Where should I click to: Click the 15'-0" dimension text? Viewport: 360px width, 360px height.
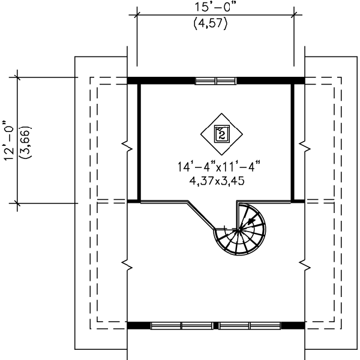click(215, 7)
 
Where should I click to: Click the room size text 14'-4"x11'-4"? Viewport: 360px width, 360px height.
click(219, 166)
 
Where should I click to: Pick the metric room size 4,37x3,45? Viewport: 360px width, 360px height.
click(217, 181)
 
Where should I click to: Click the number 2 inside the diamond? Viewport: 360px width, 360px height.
click(222, 134)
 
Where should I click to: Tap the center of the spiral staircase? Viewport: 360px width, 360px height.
click(239, 229)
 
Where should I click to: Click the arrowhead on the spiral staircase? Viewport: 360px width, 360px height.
click(251, 221)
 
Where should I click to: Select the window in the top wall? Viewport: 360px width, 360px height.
click(215, 81)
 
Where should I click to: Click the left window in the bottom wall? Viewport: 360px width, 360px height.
click(182, 326)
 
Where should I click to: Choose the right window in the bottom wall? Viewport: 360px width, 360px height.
click(250, 326)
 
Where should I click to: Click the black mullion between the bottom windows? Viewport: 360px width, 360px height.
click(215, 326)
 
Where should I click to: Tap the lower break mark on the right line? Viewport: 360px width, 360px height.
click(305, 265)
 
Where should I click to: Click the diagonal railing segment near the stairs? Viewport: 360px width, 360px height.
click(202, 215)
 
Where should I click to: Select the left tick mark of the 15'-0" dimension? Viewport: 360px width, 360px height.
click(137, 15)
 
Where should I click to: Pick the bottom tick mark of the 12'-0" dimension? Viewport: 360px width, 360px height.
click(17, 203)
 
